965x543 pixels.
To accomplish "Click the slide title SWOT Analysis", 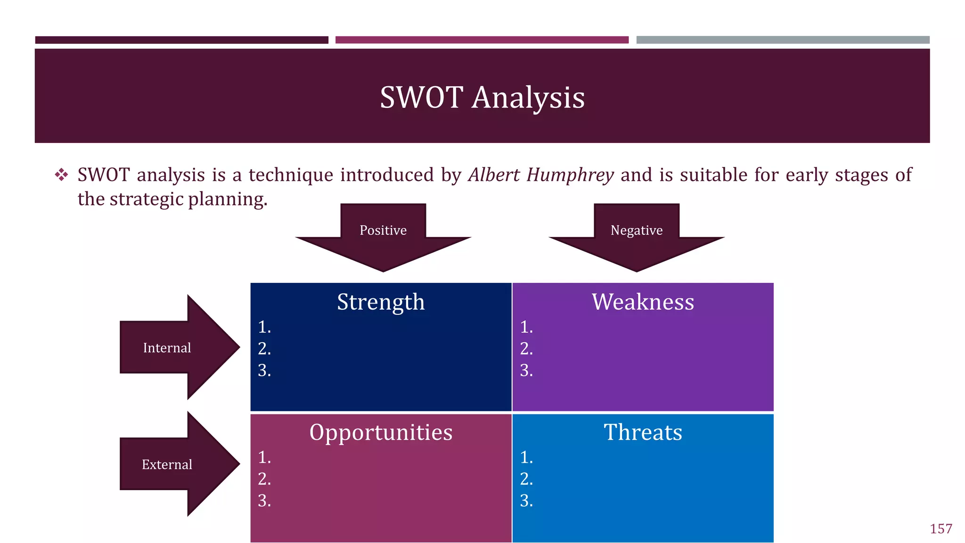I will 482,98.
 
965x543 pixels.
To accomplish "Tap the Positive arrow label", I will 383,230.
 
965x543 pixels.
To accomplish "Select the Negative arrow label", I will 636,230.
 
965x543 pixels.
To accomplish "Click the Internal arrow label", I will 167,348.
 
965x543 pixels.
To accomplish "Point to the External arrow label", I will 167,465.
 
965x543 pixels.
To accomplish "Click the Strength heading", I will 381,302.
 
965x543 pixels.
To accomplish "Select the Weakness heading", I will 643,302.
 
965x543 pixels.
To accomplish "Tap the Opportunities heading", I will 381,432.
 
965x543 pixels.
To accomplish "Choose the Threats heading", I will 643,432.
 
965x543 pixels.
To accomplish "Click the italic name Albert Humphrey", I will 541,175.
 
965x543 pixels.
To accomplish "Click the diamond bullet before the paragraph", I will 61,175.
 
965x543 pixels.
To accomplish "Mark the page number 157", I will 940,529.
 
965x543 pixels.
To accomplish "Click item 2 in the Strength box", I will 264,349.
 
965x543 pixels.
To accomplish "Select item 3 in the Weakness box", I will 526,370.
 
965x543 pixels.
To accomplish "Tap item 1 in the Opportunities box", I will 264,457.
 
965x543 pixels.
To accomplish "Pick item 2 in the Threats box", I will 526,479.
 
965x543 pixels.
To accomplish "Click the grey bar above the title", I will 783,40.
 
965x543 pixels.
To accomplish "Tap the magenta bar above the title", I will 482,40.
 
